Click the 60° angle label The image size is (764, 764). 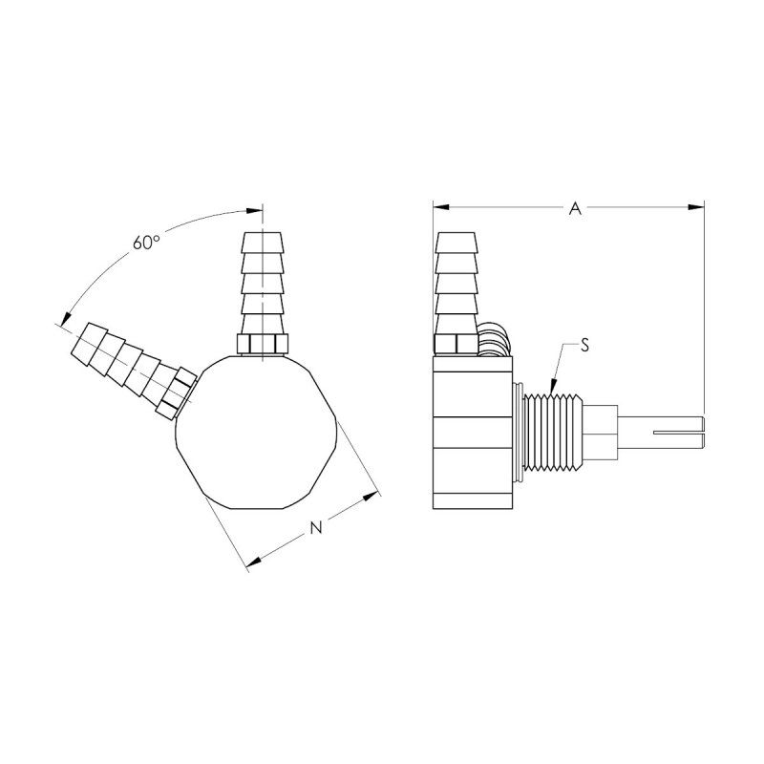pos(145,243)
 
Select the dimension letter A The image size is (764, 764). pos(575,208)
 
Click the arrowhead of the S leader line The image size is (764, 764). pos(553,388)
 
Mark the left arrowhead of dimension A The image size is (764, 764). pos(439,203)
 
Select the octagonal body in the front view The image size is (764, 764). pos(256,432)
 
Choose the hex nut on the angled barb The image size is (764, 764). pos(177,394)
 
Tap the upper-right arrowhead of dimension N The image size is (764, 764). pos(371,497)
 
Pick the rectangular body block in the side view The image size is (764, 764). pos(472,432)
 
